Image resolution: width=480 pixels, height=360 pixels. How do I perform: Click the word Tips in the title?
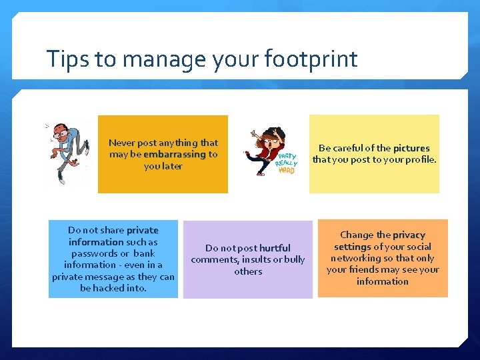68,59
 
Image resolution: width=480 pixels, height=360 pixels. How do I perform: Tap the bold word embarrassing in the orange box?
175,154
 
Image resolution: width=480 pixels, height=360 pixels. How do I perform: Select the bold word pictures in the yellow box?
411,148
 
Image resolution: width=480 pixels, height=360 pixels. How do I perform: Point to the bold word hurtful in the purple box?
275,248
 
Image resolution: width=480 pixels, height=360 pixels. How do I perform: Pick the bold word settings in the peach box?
352,247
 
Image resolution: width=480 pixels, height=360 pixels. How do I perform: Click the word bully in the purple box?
294,259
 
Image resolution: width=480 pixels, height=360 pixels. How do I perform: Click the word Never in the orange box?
121,143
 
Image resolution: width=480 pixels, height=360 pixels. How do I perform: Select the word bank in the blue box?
144,253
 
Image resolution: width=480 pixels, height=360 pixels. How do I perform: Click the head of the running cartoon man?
62,131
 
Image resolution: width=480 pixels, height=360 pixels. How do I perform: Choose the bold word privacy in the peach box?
409,235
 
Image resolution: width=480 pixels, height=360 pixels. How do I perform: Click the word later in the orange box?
172,166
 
